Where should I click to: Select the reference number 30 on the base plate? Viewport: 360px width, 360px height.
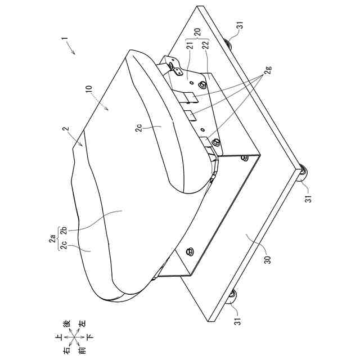point(266,260)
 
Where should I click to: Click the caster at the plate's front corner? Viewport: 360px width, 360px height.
point(304,174)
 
